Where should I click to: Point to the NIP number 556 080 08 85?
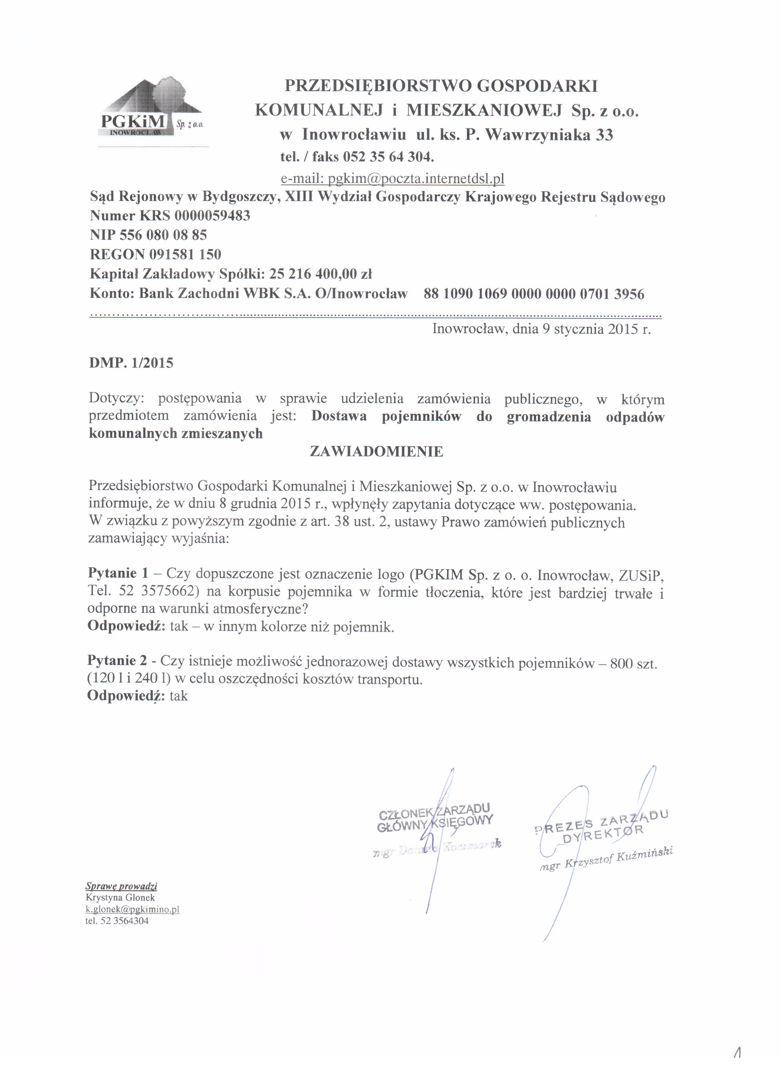[x=163, y=235]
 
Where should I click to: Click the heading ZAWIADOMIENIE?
[x=376, y=452]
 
